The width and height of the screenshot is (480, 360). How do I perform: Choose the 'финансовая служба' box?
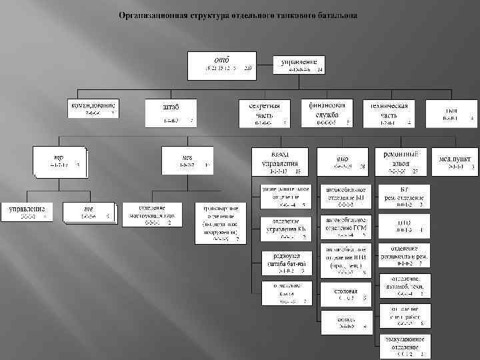pyautogui.click(x=327, y=113)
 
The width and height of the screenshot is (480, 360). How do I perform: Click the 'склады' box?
pyautogui.click(x=346, y=323)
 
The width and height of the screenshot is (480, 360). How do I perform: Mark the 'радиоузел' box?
pyautogui.click(x=285, y=263)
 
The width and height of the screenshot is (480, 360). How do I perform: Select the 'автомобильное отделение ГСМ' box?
pyautogui.click(x=345, y=225)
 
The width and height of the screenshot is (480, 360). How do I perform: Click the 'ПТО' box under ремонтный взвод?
pyautogui.click(x=404, y=225)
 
